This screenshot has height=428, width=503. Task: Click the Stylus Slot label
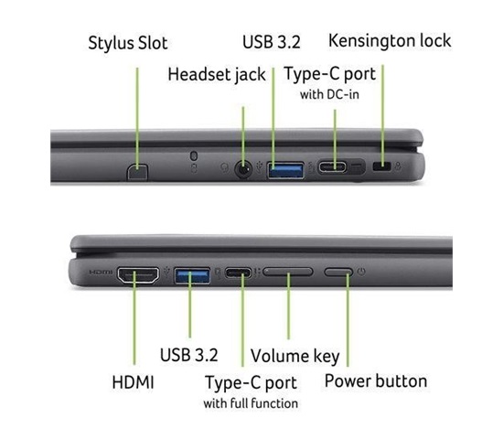tap(128, 43)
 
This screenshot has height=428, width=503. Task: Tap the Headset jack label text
tap(217, 75)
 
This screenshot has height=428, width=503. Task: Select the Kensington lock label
tap(390, 41)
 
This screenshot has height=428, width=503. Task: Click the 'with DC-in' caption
tap(329, 94)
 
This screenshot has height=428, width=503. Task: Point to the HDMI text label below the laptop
tap(134, 382)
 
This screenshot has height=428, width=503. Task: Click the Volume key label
tap(295, 357)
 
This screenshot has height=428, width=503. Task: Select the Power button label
tap(376, 381)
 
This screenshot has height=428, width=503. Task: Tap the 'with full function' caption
tap(251, 403)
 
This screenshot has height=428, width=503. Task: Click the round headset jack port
tap(243, 169)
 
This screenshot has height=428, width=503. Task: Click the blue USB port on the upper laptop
tap(285, 170)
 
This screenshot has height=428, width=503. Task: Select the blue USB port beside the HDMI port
tap(192, 275)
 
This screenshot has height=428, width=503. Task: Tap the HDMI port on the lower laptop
tap(138, 275)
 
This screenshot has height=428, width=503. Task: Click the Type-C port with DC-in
tap(332, 167)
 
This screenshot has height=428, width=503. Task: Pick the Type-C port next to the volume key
tap(239, 273)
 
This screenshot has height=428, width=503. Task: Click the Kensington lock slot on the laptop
tap(381, 166)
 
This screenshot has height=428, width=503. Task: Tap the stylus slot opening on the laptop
tap(137, 172)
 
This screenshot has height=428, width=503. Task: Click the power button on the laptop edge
tap(338, 272)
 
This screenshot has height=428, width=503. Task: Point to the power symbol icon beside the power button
tap(361, 272)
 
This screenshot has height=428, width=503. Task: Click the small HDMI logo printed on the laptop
tap(101, 272)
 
